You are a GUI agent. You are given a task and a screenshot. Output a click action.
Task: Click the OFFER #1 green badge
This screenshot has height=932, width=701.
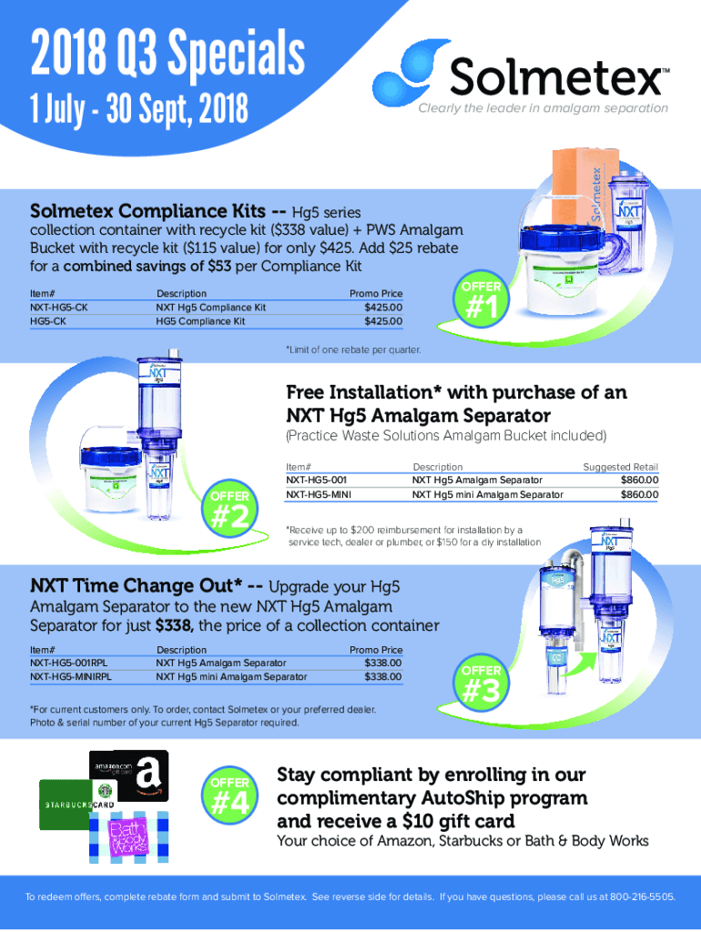pyautogui.click(x=481, y=300)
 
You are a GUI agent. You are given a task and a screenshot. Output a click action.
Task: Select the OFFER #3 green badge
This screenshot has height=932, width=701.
pyautogui.click(x=481, y=684)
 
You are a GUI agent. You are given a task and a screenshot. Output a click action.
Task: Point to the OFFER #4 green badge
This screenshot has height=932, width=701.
pyautogui.click(x=230, y=795)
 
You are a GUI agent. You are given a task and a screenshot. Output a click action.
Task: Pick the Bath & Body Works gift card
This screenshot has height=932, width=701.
pyautogui.click(x=128, y=837)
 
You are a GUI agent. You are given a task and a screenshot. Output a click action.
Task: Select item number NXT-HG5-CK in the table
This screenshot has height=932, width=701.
pyautogui.click(x=59, y=308)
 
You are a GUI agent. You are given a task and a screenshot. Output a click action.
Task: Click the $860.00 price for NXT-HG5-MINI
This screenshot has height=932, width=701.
pyautogui.click(x=639, y=494)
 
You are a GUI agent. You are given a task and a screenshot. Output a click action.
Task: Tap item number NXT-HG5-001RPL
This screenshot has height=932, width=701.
pyautogui.click(x=69, y=663)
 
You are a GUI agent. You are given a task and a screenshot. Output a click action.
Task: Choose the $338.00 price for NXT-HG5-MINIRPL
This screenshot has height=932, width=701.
pyautogui.click(x=383, y=676)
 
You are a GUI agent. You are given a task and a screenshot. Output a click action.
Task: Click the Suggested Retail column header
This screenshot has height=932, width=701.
pyautogui.click(x=620, y=467)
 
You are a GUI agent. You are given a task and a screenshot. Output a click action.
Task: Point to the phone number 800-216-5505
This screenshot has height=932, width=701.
pyautogui.click(x=643, y=897)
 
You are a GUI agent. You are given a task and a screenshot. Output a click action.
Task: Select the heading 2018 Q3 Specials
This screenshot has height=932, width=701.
pyautogui.click(x=168, y=54)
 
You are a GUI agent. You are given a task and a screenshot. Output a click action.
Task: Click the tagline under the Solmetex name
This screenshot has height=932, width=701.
pyautogui.click(x=543, y=108)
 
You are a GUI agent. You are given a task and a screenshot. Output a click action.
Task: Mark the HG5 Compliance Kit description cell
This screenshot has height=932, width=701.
pyautogui.click(x=200, y=321)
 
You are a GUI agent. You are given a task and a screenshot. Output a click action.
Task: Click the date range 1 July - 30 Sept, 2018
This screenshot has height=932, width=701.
pyautogui.click(x=139, y=109)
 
